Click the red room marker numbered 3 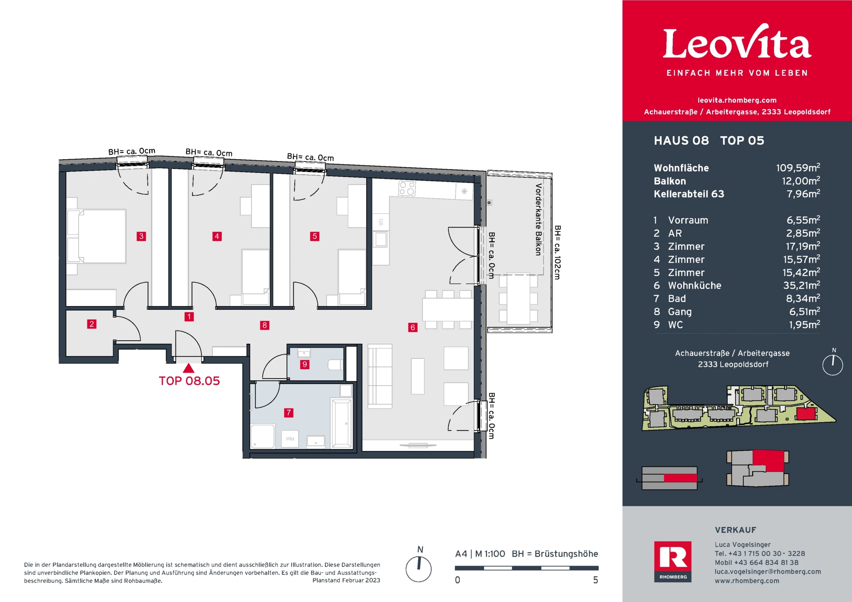141,236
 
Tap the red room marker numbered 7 288,413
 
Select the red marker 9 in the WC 304,364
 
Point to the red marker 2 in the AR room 91,324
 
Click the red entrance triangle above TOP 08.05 189,368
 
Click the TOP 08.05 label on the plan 189,381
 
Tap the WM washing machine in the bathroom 290,439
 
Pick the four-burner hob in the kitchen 407,189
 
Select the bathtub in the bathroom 342,423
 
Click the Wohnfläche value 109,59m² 798,168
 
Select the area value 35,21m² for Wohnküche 801,285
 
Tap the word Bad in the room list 677,299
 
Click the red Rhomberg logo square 673,562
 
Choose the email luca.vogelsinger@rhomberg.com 768,571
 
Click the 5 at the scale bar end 596,580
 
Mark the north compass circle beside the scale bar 418,569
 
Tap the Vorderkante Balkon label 538,220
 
